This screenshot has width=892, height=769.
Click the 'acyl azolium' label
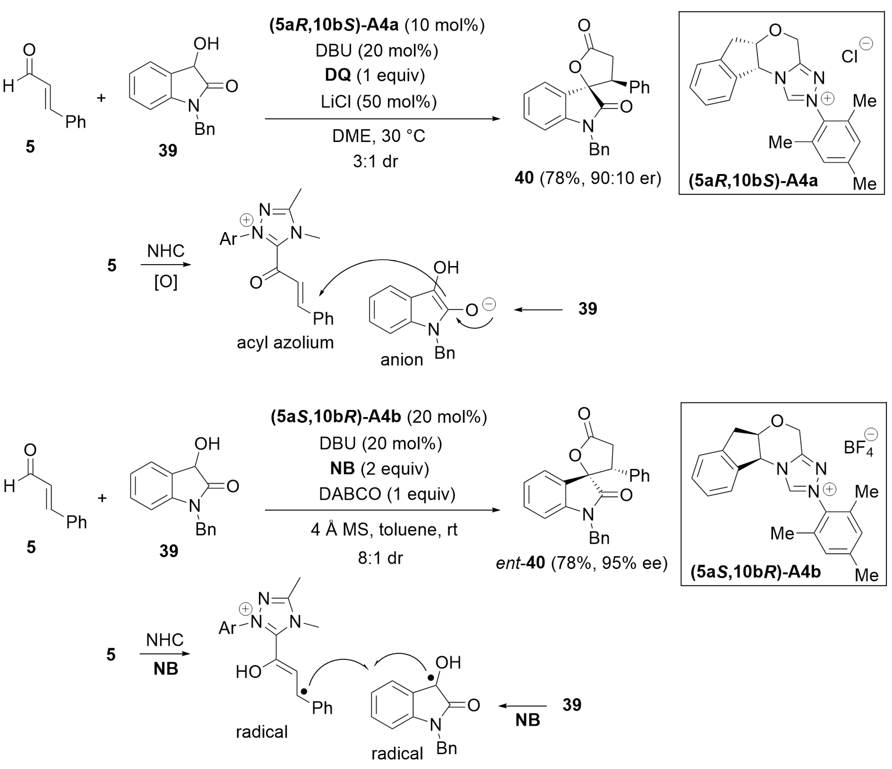[x=285, y=343]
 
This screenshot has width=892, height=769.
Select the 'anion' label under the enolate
[x=401, y=360]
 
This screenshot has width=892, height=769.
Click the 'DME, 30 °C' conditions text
[x=378, y=136]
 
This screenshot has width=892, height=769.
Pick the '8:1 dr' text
[x=380, y=558]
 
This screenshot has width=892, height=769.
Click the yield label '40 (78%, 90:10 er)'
[x=588, y=178]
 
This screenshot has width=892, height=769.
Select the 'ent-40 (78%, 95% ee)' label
[x=581, y=563]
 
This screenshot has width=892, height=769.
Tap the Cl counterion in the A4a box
[x=850, y=56]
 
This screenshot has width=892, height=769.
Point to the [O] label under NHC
[x=166, y=282]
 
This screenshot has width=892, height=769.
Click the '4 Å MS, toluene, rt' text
[x=384, y=529]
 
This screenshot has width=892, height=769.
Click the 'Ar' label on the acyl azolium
[x=228, y=239]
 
